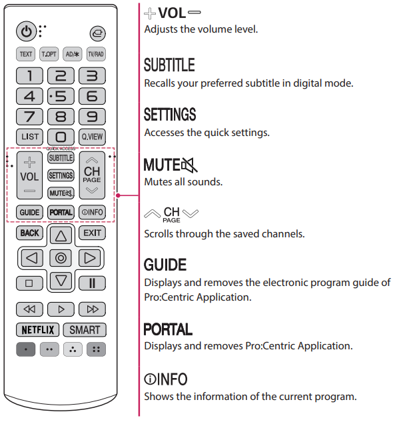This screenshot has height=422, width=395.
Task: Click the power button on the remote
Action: click(x=27, y=31)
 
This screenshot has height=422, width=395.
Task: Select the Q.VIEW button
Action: click(x=92, y=137)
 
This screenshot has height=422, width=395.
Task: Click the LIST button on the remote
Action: click(x=29, y=137)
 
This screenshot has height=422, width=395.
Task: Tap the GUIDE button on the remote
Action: click(x=29, y=212)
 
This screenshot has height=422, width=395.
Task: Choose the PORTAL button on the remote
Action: click(x=61, y=212)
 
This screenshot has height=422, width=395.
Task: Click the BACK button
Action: click(x=29, y=233)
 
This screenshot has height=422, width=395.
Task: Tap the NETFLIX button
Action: click(x=38, y=329)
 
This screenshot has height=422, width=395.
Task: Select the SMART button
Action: click(x=85, y=329)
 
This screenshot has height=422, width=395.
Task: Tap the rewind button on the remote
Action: click(x=29, y=309)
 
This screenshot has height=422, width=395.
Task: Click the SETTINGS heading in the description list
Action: click(x=170, y=115)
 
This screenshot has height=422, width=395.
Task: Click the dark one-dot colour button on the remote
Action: click(x=27, y=349)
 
